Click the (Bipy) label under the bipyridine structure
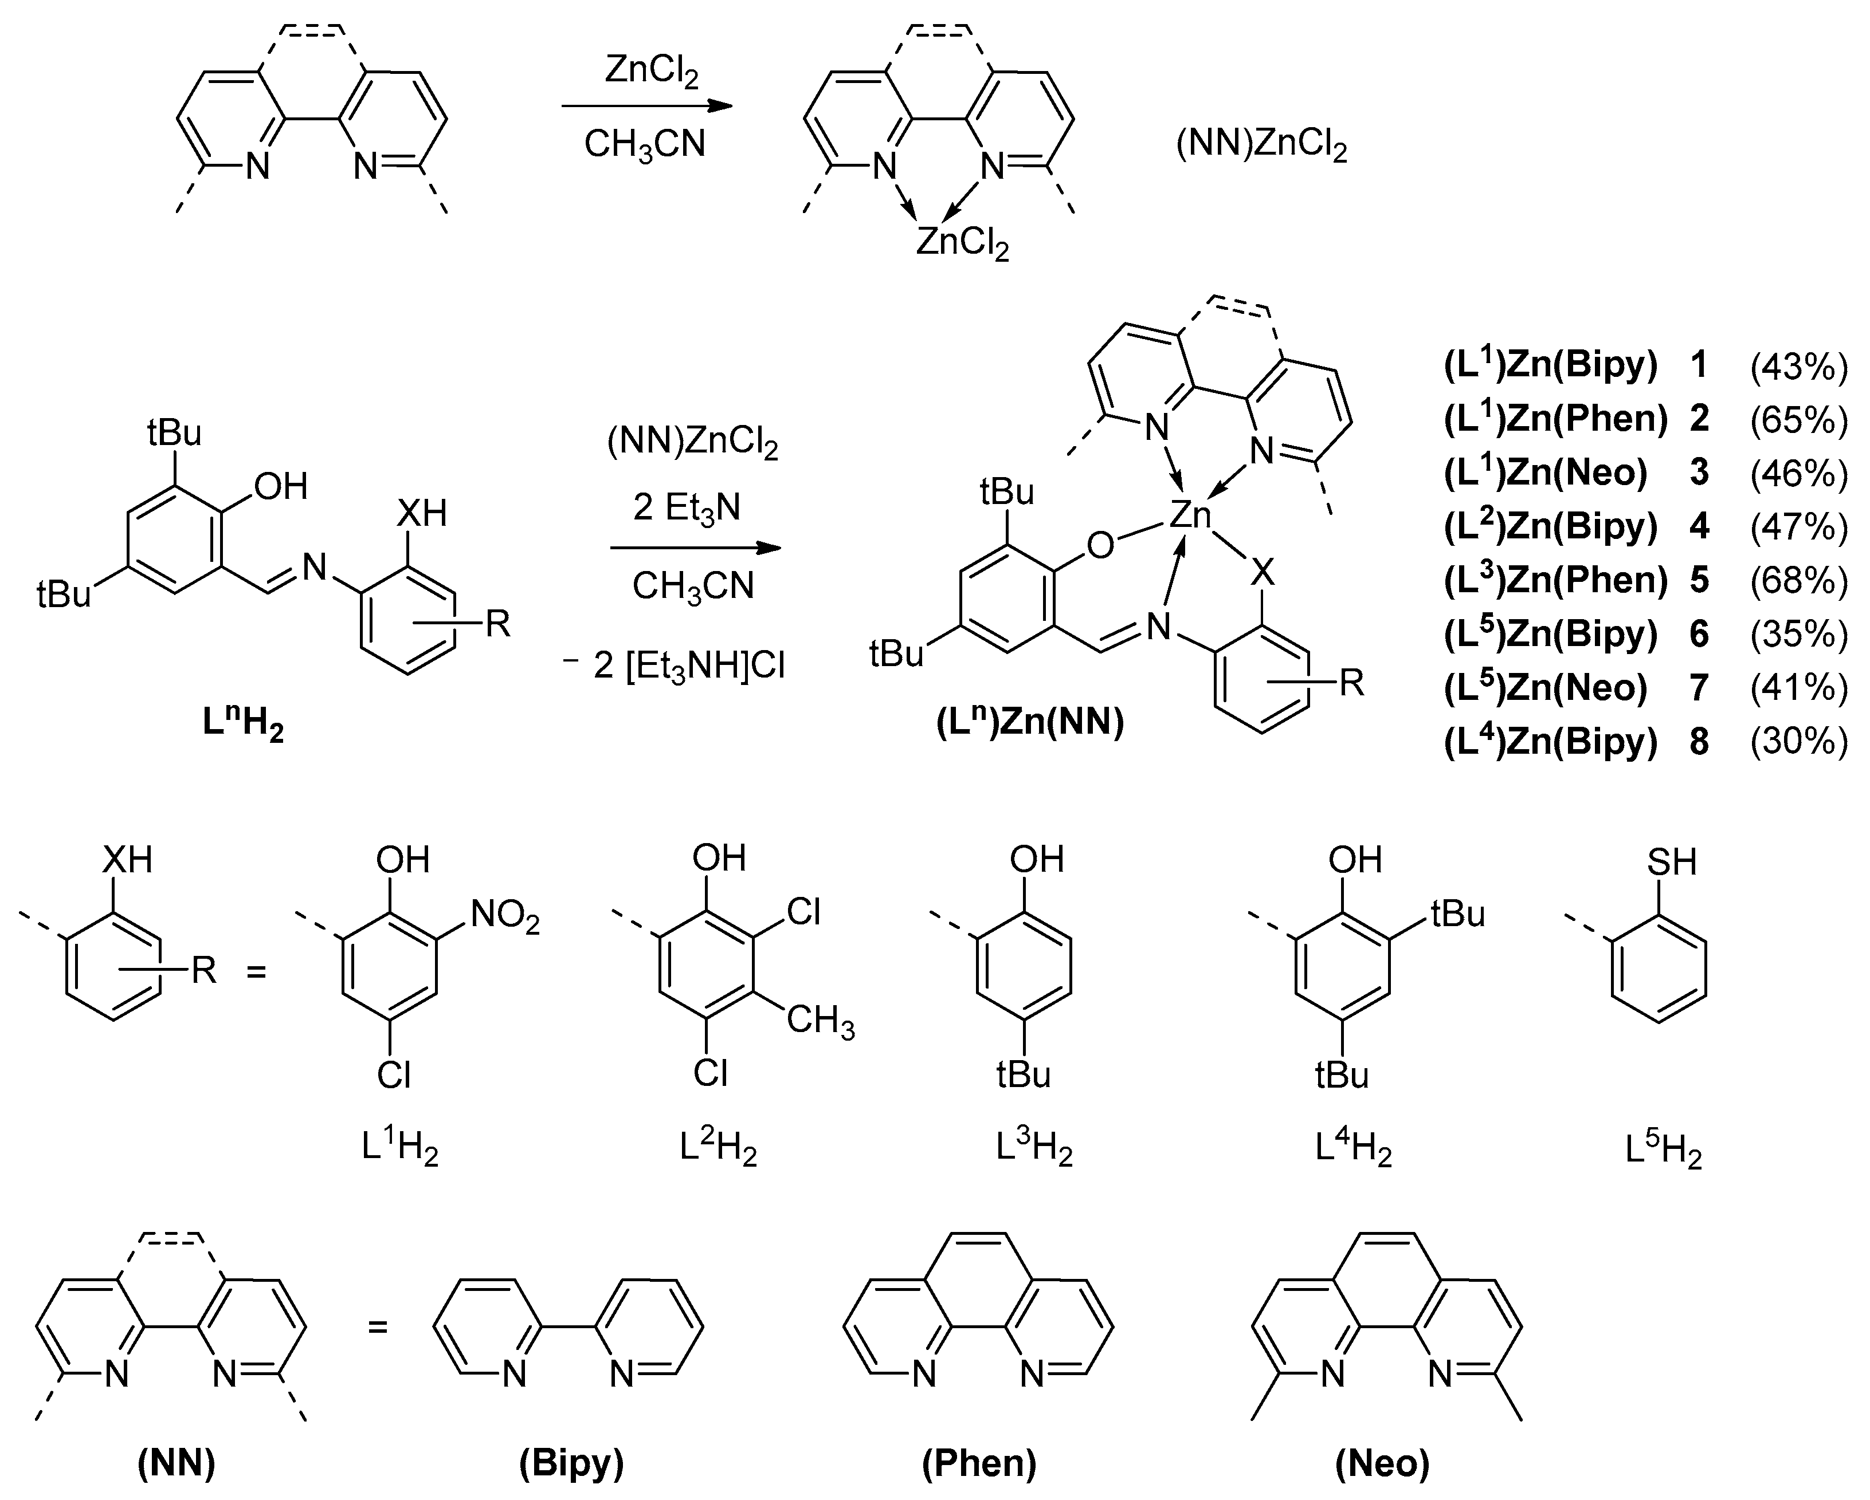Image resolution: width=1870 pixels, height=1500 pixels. tap(571, 1463)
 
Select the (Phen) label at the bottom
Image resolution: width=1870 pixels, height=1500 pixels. tap(979, 1463)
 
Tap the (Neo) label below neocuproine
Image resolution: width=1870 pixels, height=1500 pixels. tap(1382, 1463)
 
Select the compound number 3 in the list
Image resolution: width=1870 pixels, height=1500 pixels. tap(1699, 473)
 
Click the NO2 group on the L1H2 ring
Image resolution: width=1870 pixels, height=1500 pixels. tap(505, 916)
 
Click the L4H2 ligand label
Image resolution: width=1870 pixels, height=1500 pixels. tap(1353, 1149)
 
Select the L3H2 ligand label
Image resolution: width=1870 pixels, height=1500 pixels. tap(1034, 1149)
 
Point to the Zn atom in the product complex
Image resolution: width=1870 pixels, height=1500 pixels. tap(1190, 516)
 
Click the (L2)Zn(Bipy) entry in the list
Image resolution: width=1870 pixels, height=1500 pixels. tap(1550, 526)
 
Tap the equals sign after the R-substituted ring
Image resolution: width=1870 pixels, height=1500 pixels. tap(256, 973)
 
